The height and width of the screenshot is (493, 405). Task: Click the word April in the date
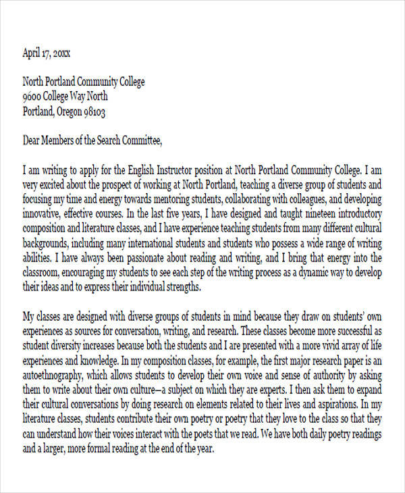[x=34, y=52]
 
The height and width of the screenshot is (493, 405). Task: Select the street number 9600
[x=34, y=97]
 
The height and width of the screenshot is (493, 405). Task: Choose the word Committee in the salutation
[x=140, y=141]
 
